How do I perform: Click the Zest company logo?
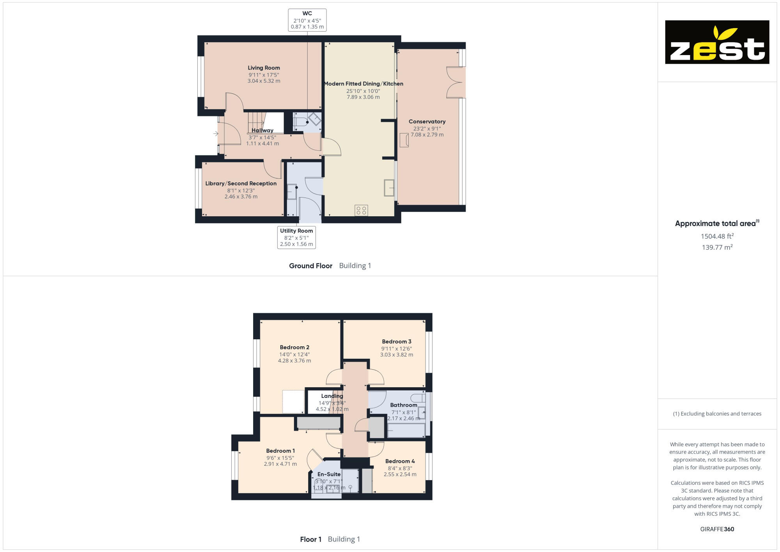point(717,42)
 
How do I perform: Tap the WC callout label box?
point(307,20)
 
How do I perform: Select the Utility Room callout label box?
point(296,237)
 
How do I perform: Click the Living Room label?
point(264,68)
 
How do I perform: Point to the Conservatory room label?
point(427,121)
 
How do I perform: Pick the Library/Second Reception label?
point(241,183)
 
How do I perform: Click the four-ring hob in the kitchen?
point(361,210)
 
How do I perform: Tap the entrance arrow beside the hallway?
point(216,134)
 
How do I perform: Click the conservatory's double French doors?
point(456,82)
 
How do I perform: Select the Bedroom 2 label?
point(294,347)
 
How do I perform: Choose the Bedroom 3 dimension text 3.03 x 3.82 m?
point(397,355)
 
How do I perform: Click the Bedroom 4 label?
point(400,461)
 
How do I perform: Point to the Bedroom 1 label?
point(280,451)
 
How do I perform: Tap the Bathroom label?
point(404,405)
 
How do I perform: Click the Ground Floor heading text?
point(310,266)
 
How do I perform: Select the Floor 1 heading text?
point(310,540)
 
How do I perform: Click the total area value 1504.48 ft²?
point(717,236)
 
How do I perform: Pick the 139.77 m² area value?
point(717,248)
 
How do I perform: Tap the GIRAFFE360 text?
point(717,529)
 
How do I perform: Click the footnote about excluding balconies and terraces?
point(717,414)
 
